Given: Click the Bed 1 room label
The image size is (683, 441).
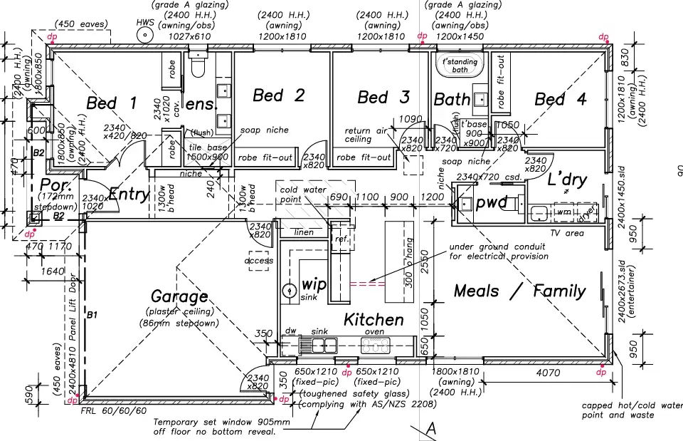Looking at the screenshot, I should pyautogui.click(x=111, y=103).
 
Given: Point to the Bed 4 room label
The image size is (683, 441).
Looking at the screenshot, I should pyautogui.click(x=560, y=99).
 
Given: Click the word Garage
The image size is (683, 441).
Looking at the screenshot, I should pyautogui.click(x=179, y=296).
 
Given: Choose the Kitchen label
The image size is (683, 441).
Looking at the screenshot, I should pyautogui.click(x=374, y=320).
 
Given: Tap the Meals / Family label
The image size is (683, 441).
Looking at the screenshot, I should pyautogui.click(x=519, y=291).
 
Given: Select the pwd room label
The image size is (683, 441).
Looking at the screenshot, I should pyautogui.click(x=491, y=203).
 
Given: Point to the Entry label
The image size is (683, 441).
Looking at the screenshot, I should pyautogui.click(x=129, y=194).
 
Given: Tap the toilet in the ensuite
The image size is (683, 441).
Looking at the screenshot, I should pyautogui.click(x=198, y=66).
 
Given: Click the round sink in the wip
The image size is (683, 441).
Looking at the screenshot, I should pyautogui.click(x=289, y=291).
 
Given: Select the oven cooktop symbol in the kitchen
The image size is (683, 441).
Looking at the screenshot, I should pyautogui.click(x=376, y=346).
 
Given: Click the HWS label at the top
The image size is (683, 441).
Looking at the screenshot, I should pyautogui.click(x=145, y=23).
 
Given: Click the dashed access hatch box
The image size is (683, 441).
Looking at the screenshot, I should pyautogui.click(x=258, y=260).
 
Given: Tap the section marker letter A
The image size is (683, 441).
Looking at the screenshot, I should pyautogui.click(x=430, y=428).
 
